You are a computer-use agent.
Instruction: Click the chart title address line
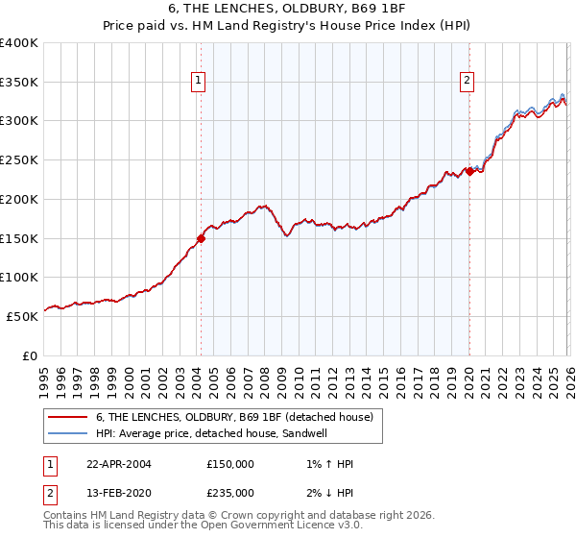click(288, 10)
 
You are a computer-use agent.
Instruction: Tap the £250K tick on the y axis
click(18, 159)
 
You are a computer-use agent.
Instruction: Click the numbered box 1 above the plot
click(198, 82)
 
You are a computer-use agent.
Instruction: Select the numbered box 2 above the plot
click(468, 82)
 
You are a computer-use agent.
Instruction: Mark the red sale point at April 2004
click(202, 238)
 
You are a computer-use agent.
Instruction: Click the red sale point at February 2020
click(470, 172)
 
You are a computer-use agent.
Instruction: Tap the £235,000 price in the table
click(230, 493)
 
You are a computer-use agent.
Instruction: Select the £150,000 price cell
click(230, 464)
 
